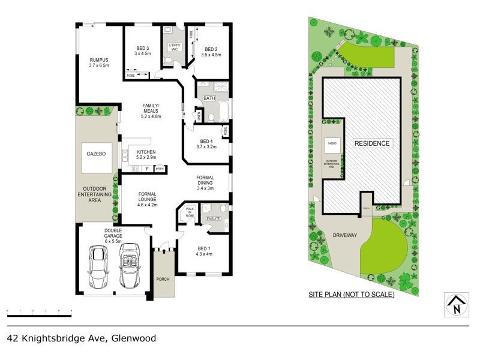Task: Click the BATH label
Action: pyautogui.click(x=209, y=98)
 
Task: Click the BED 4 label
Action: pyautogui.click(x=206, y=142)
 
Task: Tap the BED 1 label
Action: pyautogui.click(x=204, y=250)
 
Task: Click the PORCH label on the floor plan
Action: pyautogui.click(x=163, y=280)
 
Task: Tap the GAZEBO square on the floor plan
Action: pyautogui.click(x=97, y=154)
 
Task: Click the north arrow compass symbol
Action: pyautogui.click(x=456, y=305)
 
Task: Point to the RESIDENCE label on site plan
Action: pyautogui.click(x=372, y=143)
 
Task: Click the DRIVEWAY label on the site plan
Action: pyautogui.click(x=344, y=235)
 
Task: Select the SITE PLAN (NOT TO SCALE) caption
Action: pyautogui.click(x=351, y=295)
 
